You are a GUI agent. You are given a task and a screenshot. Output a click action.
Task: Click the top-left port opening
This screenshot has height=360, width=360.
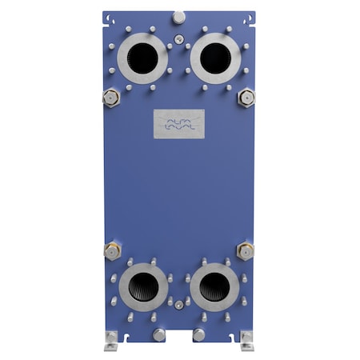[144, 57]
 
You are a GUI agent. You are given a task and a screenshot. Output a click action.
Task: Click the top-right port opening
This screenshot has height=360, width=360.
[215, 57]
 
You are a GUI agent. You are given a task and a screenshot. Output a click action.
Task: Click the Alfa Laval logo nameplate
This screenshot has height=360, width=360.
[179, 122]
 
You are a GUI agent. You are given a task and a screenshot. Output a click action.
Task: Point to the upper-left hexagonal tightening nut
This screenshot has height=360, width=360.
[110, 98]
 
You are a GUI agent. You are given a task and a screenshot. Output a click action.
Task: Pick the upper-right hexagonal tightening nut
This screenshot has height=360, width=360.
[246, 98]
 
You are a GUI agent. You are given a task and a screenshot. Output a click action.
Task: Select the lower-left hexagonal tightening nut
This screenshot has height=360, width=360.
[111, 250]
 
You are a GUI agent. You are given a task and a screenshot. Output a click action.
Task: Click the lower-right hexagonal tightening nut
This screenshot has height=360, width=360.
[246, 250]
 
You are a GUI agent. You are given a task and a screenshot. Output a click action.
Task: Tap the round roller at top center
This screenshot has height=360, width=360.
[179, 17]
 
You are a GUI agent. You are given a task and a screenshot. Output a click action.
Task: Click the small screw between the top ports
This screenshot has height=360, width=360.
[179, 38]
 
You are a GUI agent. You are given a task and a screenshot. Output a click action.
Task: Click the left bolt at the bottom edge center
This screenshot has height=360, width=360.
[160, 335]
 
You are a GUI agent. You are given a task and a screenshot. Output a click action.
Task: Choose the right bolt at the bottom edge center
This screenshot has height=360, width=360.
[199, 335]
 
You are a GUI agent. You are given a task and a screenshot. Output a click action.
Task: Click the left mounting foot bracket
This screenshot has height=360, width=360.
[112, 342]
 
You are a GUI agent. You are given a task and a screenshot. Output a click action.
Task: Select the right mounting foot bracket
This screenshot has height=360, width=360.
[246, 342]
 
